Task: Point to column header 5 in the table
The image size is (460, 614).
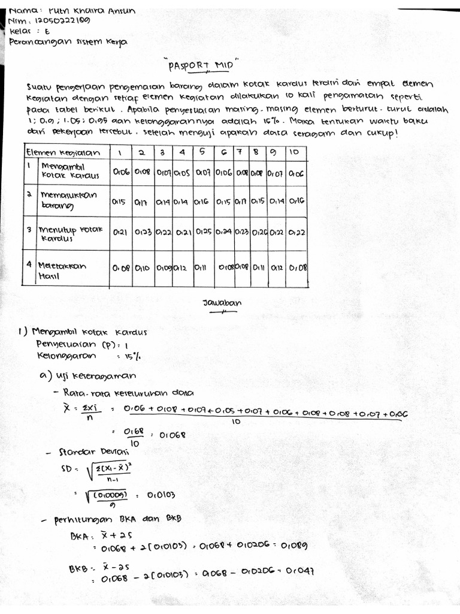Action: [x=202, y=152]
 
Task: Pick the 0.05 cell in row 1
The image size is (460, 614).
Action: [x=181, y=173]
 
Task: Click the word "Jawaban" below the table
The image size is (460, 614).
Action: [x=222, y=303]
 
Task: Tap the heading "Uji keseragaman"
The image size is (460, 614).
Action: [x=102, y=375]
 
